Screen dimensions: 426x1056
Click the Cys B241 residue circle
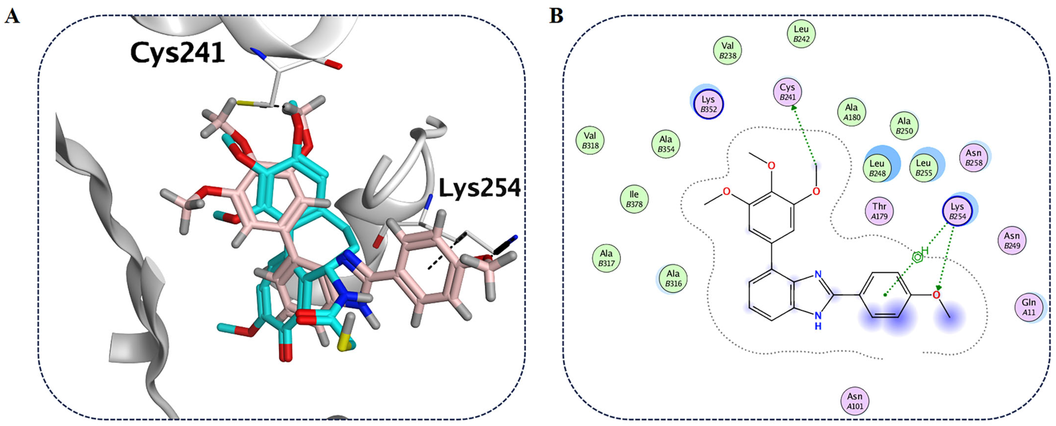[x=787, y=92]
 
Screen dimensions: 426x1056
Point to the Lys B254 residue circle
[x=957, y=211]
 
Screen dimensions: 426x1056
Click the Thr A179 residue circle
[x=879, y=211]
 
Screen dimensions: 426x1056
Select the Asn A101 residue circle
[x=855, y=401]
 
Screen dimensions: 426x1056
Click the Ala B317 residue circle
[x=606, y=258]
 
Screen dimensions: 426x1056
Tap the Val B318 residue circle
[x=590, y=140]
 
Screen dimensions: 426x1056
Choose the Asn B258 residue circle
[x=974, y=158]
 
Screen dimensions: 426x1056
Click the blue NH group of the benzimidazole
[x=818, y=320]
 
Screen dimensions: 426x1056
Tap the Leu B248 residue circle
[x=877, y=168]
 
